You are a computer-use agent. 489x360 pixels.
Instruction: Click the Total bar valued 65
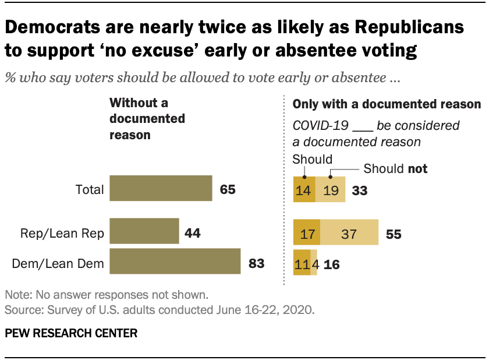(160, 189)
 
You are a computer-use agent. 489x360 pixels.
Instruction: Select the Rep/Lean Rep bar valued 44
(144, 232)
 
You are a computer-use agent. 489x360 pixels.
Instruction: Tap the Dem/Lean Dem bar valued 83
(175, 261)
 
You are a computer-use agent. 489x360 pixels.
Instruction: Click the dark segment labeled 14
(304, 189)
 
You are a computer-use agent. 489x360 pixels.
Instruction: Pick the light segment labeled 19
(330, 189)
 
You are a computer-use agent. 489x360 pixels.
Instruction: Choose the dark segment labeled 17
(307, 234)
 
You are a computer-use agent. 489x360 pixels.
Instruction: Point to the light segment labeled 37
(349, 234)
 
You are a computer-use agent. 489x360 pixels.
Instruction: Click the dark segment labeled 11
(302, 264)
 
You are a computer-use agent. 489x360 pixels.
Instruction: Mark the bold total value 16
(331, 264)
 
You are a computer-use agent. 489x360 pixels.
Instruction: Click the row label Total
(90, 189)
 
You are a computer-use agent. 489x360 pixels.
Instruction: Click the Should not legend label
(395, 169)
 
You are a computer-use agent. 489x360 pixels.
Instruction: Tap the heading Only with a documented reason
(386, 105)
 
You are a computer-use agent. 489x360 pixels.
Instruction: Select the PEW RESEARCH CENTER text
(71, 333)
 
